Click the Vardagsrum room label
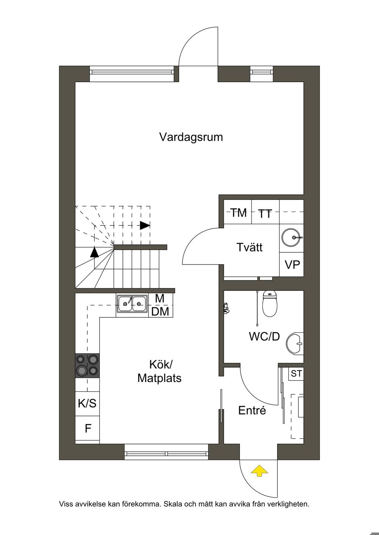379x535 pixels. click(x=191, y=137)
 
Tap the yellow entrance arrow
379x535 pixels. click(x=259, y=471)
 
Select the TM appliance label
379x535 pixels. click(x=238, y=212)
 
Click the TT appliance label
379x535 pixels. click(x=265, y=214)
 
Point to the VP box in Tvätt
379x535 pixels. click(x=292, y=265)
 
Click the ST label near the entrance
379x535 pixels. click(x=296, y=374)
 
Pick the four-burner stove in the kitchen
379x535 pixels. click(x=87, y=365)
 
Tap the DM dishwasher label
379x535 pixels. click(x=160, y=311)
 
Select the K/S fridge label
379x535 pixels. click(x=87, y=403)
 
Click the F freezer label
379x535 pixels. click(x=88, y=429)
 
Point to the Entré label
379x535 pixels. click(x=252, y=410)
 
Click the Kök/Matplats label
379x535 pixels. click(x=160, y=371)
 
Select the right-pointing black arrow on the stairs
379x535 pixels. click(x=145, y=225)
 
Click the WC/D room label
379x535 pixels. click(x=264, y=337)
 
